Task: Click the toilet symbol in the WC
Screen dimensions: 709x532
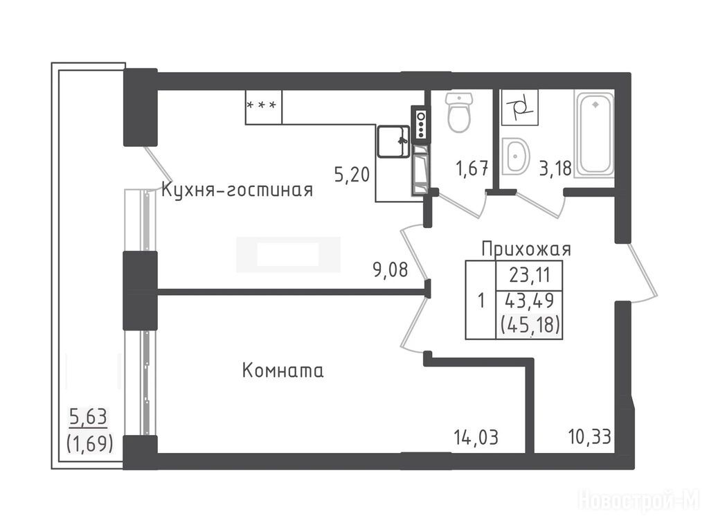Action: click(x=459, y=112)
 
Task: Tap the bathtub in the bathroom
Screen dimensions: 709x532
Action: click(x=594, y=134)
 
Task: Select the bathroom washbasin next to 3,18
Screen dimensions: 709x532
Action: click(x=515, y=157)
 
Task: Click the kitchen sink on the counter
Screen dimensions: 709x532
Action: click(x=394, y=141)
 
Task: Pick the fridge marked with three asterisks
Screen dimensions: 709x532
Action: click(x=264, y=107)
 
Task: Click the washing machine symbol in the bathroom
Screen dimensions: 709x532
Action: click(x=519, y=107)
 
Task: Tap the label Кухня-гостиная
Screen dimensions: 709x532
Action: click(x=237, y=190)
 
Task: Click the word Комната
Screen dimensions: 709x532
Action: click(x=283, y=371)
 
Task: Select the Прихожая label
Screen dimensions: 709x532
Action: click(x=526, y=249)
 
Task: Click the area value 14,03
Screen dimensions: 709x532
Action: click(x=476, y=438)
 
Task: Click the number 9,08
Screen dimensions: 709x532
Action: click(x=391, y=270)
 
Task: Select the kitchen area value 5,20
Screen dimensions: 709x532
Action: click(x=352, y=174)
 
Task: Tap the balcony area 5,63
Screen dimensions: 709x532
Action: click(x=88, y=416)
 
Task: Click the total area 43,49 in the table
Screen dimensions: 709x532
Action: click(x=530, y=301)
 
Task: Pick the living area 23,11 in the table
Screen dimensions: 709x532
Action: click(x=530, y=274)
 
